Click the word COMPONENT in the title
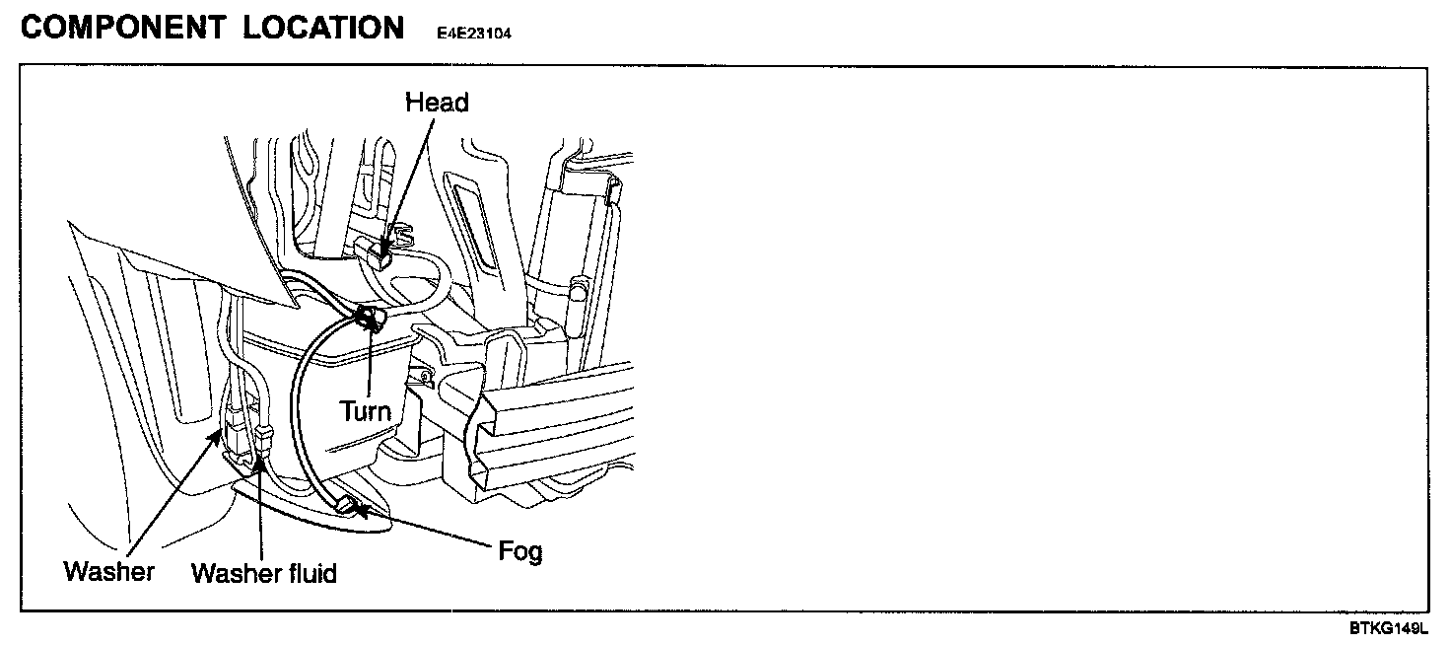coord(122,28)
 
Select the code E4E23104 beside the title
coord(474,33)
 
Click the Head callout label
coord(437,103)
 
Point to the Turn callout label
coord(365,410)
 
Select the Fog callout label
coord(519,550)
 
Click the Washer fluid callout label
coord(263,573)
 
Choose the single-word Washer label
coord(108,571)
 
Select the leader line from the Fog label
coord(434,529)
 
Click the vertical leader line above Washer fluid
coord(261,513)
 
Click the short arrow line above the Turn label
coord(368,365)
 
